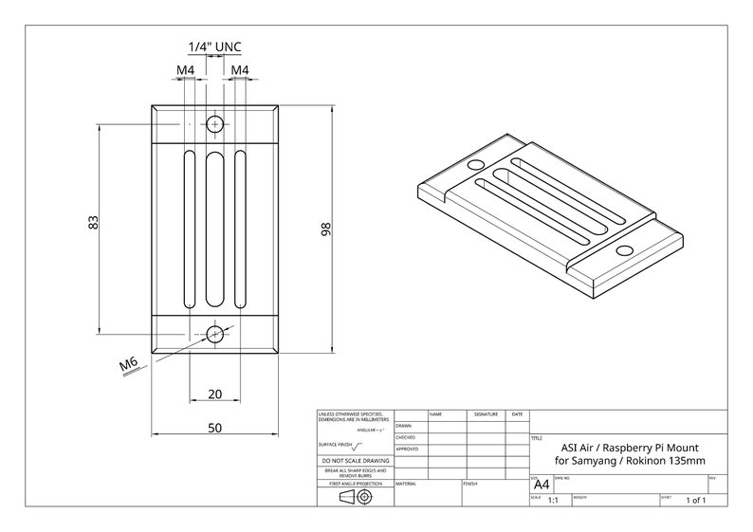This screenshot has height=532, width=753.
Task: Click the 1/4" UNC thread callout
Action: click(214, 46)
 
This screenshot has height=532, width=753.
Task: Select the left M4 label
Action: click(186, 70)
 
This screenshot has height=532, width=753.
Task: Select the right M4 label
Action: click(239, 70)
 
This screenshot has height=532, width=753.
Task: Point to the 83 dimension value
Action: click(93, 223)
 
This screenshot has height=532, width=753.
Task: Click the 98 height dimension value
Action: click(324, 229)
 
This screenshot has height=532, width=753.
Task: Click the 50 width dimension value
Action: click(214, 428)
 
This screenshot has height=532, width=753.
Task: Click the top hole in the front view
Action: click(214, 123)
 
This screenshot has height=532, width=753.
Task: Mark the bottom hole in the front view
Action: click(214, 333)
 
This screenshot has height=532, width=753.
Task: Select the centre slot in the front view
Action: click(214, 229)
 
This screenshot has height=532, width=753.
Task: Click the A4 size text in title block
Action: click(542, 484)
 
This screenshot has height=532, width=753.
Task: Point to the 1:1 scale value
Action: click(553, 500)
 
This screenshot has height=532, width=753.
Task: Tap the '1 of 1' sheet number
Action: click(695, 500)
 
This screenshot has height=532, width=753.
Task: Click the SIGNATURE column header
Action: click(486, 414)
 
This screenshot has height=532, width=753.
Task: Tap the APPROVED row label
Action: click(407, 449)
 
